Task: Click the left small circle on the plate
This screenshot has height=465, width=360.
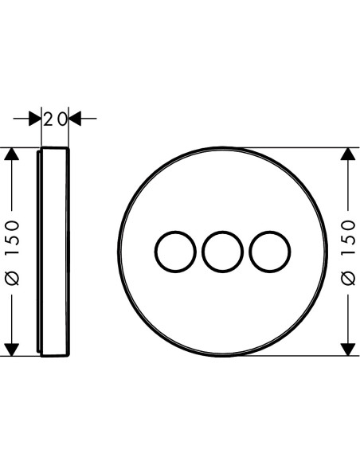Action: click(x=155, y=252)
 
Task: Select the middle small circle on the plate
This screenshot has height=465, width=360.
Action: click(x=202, y=252)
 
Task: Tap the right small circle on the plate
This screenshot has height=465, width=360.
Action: click(x=249, y=252)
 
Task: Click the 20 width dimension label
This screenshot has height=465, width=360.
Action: click(x=55, y=119)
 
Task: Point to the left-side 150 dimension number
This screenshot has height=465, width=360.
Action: click(x=14, y=237)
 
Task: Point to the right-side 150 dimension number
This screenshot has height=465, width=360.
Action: click(x=349, y=237)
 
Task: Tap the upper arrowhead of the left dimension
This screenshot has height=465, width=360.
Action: click(x=12, y=154)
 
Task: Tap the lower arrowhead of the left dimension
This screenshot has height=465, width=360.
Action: click(x=12, y=350)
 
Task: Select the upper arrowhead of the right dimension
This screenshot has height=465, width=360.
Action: click(x=348, y=154)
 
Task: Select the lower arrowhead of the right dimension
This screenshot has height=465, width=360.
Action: click(x=348, y=350)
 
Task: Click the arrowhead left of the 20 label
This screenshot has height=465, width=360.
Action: click(x=35, y=119)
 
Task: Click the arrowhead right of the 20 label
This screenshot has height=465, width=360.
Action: click(x=75, y=119)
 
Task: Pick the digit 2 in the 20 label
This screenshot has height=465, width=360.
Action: click(x=48, y=119)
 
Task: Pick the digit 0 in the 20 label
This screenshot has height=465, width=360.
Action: click(x=62, y=119)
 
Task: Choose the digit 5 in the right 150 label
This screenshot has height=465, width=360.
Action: click(x=349, y=238)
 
